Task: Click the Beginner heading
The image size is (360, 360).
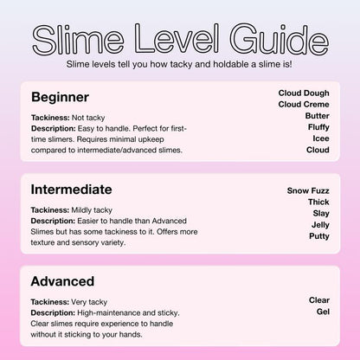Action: coord(60,96)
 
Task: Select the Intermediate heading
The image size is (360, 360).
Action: coord(71,189)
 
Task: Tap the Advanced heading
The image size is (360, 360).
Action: coord(63,281)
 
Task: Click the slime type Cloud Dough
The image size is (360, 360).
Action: coord(304,93)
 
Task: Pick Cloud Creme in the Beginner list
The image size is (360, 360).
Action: coord(304,104)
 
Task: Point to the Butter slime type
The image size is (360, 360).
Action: coord(318,115)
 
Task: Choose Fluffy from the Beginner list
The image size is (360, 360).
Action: coord(318,126)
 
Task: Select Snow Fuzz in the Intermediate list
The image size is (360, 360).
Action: coord(308,190)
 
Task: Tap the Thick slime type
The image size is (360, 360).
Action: coord(318,201)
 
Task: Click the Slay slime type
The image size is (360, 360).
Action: coord(319,212)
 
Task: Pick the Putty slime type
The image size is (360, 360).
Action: coord(318,235)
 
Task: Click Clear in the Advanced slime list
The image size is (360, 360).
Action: coord(318,300)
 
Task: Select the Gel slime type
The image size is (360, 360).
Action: coord(323,312)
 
